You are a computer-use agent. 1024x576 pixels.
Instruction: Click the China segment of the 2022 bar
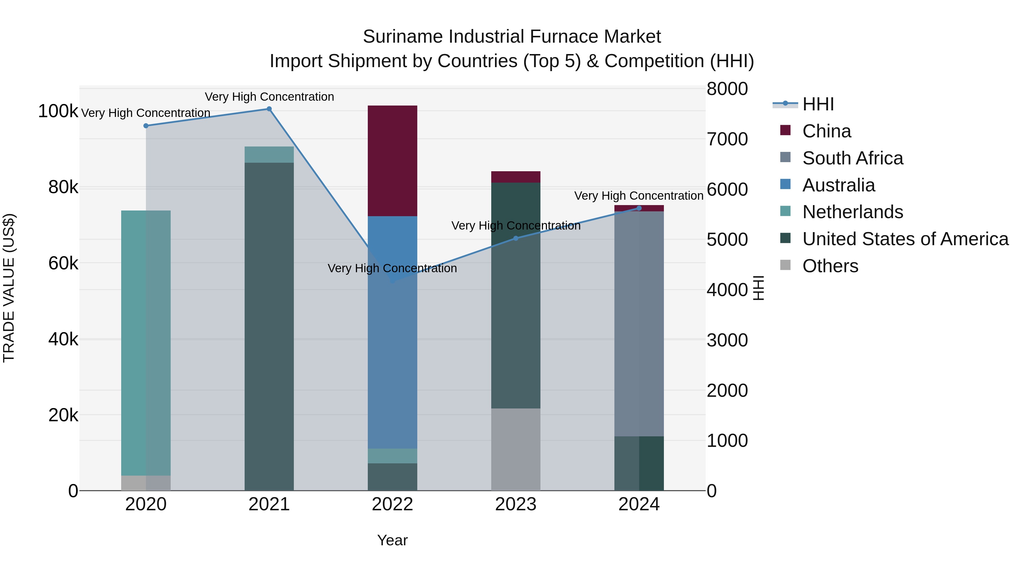point(392,161)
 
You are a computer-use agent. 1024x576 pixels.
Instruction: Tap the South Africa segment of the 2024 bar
point(639,324)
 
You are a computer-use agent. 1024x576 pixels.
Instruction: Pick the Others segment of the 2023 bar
point(516,449)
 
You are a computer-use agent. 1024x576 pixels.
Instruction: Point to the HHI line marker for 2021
point(269,109)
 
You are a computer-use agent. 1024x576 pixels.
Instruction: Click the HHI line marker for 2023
point(516,238)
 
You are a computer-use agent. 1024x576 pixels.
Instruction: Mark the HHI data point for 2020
point(146,126)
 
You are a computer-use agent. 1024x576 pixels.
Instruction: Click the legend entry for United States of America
point(905,239)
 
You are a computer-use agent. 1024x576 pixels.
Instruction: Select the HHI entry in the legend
point(818,104)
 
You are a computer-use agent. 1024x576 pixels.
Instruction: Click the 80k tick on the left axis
point(63,187)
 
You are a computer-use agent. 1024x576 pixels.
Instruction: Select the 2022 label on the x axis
point(392,504)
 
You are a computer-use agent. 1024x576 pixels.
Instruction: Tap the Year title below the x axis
point(392,540)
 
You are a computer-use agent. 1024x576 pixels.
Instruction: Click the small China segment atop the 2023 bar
point(516,177)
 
